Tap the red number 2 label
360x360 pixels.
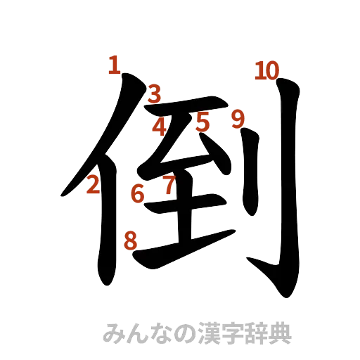93,186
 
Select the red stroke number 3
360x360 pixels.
155,93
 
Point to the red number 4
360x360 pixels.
160,127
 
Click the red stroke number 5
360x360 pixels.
203,122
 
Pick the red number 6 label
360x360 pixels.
138,192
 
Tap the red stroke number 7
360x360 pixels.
169,186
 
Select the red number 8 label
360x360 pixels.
130,241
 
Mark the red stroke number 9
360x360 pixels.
238,119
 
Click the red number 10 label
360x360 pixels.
266,70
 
